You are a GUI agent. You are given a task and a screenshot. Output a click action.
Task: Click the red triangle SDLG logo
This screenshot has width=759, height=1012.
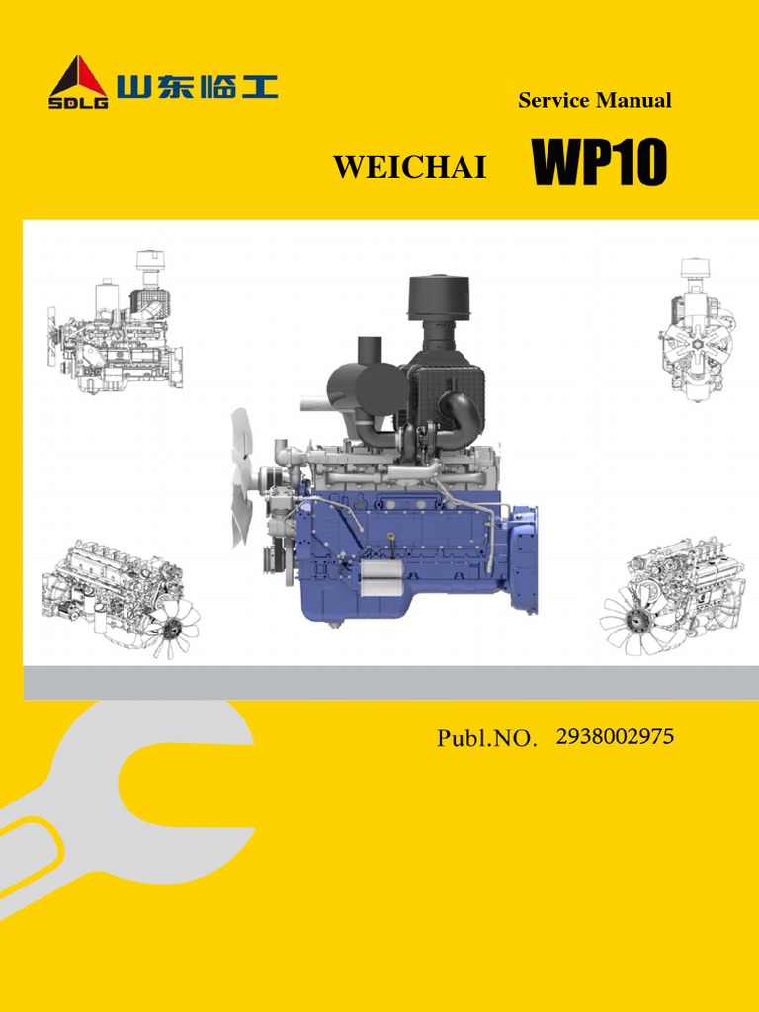(x=79, y=79)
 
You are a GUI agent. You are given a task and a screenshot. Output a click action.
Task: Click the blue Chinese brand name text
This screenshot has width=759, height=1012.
(x=197, y=86)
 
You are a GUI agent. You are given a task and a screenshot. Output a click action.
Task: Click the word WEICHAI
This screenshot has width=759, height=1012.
(x=410, y=168)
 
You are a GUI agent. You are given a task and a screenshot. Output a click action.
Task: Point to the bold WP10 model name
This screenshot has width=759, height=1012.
(x=600, y=163)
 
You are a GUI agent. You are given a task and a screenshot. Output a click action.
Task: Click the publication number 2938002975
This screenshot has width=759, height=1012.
(x=616, y=736)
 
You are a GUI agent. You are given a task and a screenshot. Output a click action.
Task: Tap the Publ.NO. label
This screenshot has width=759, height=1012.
(x=487, y=738)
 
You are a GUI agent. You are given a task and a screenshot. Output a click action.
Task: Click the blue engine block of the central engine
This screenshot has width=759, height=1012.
(x=415, y=553)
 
